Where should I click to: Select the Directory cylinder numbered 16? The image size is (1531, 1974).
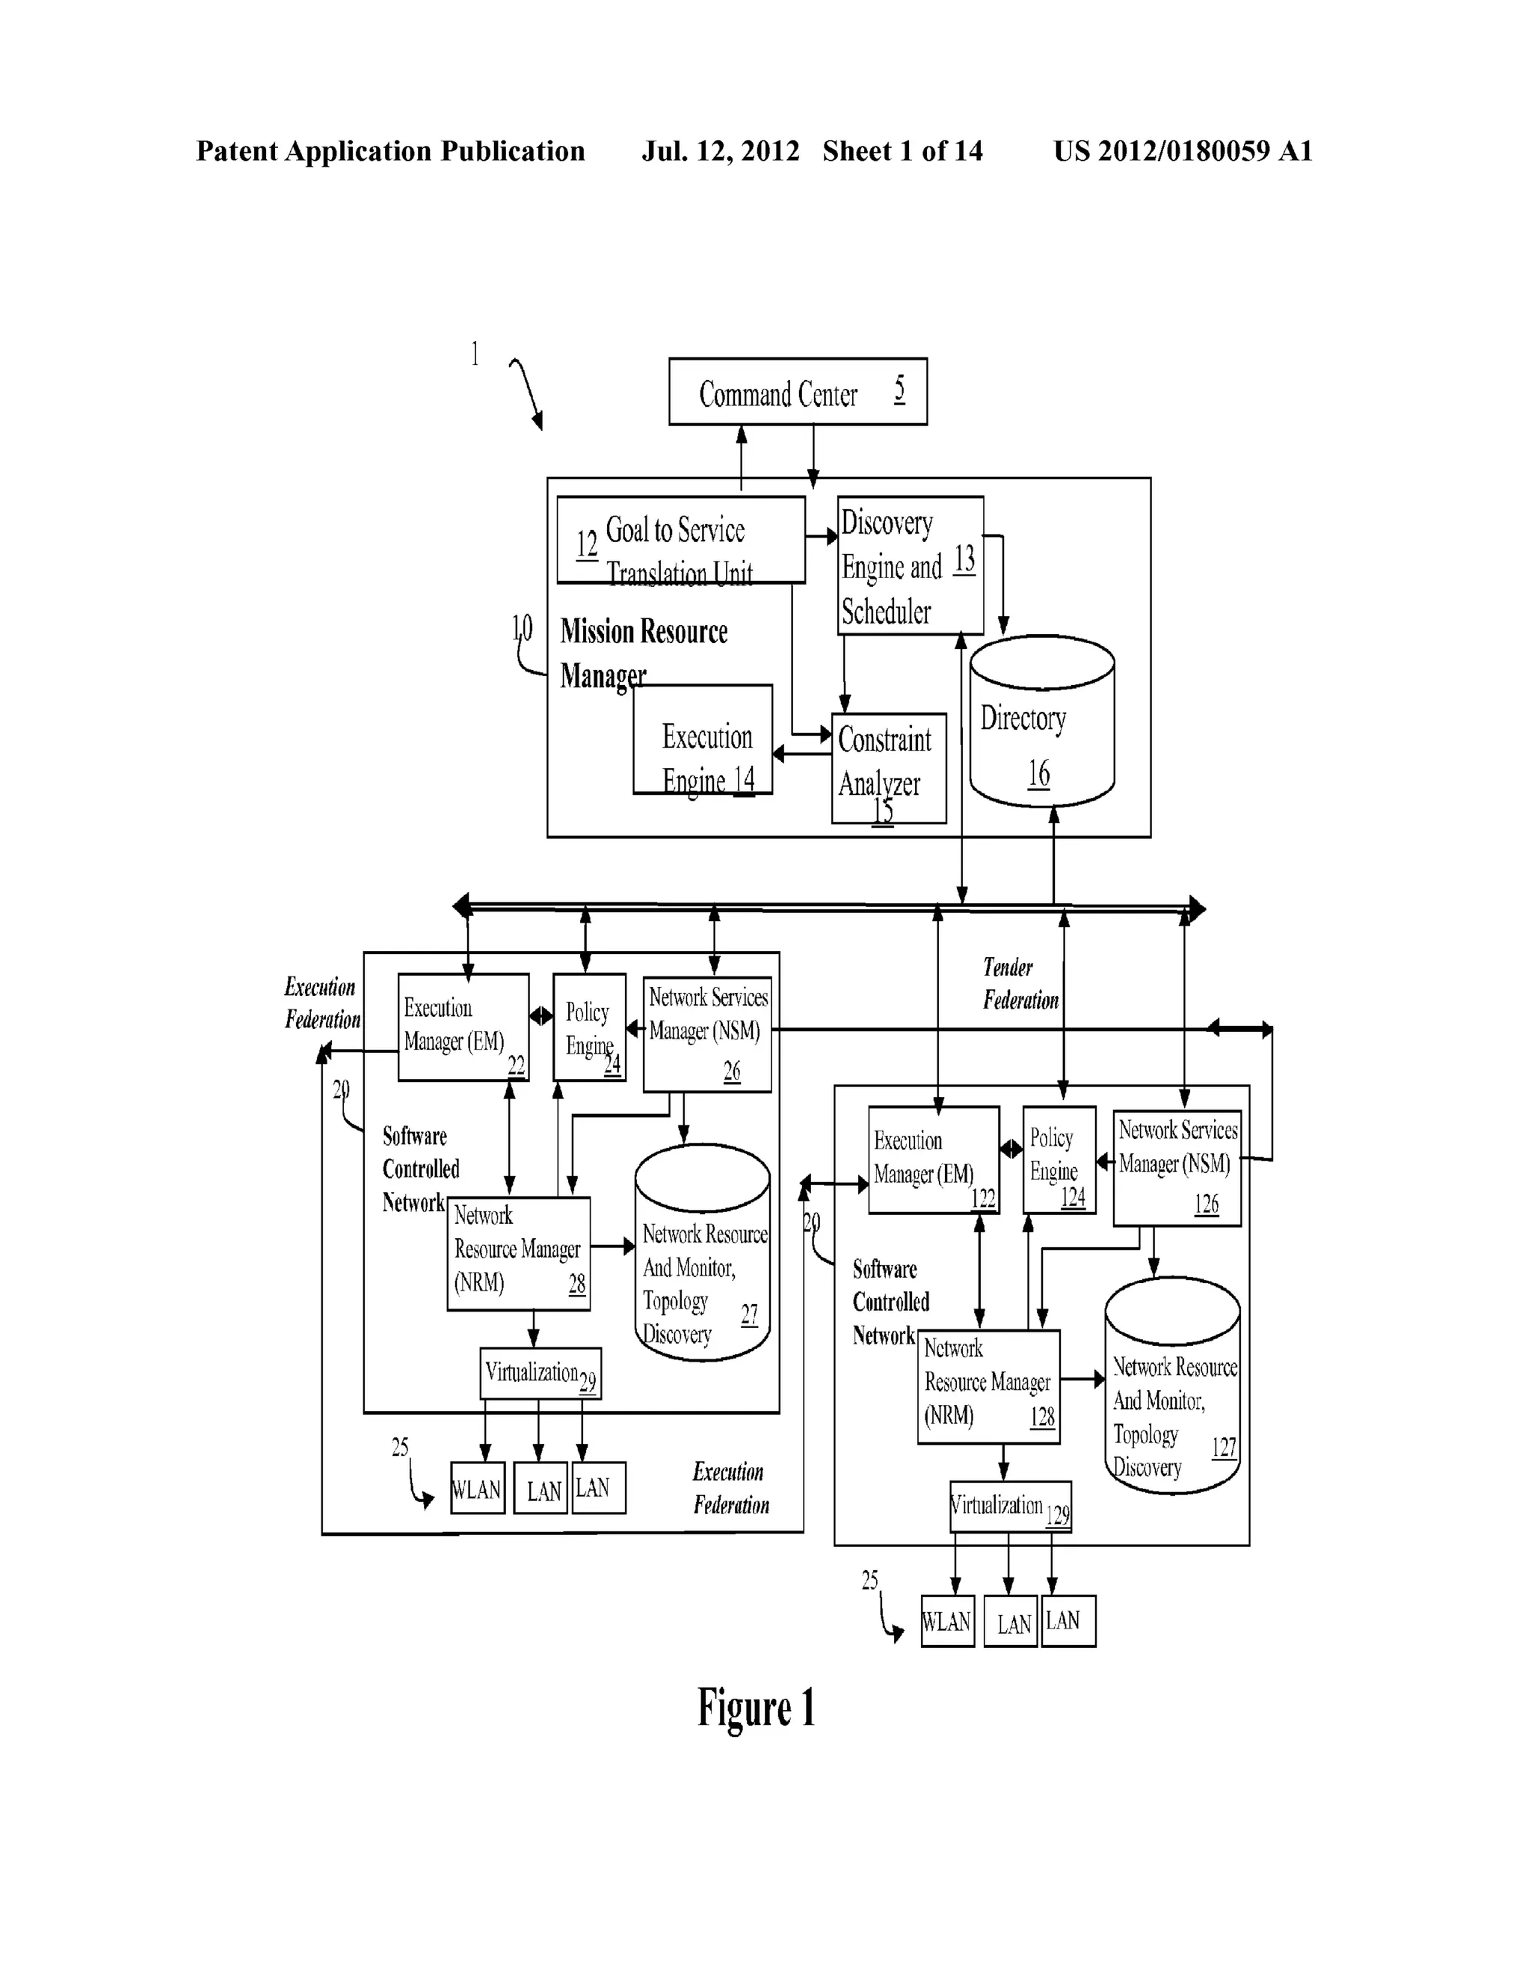(x=1041, y=723)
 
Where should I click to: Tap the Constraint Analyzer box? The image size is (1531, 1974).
(x=888, y=767)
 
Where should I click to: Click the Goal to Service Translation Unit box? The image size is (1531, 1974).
(x=680, y=540)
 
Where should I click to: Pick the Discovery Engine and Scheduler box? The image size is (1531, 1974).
(x=909, y=565)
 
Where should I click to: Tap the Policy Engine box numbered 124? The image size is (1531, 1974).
(x=1059, y=1160)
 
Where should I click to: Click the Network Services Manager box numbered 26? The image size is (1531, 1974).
(x=706, y=1034)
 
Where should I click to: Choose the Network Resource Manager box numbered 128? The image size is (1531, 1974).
(x=988, y=1386)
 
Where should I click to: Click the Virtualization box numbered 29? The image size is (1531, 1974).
(x=540, y=1374)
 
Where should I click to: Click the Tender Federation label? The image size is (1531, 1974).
(x=1020, y=983)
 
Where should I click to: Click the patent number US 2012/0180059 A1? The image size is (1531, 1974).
(x=1182, y=151)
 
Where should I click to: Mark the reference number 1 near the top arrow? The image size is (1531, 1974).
(x=475, y=354)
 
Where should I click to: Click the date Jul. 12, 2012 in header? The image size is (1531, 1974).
(x=721, y=151)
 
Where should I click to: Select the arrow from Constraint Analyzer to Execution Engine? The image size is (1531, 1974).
(x=801, y=753)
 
